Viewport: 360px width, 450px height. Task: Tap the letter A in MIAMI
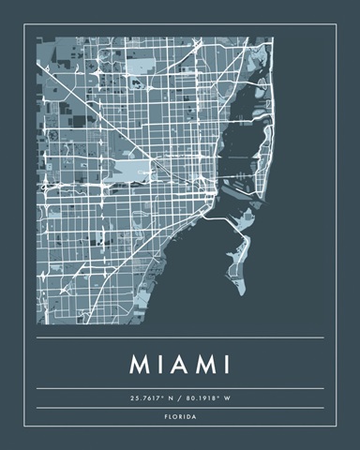coord(180,363)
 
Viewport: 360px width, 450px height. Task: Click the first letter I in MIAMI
coord(159,363)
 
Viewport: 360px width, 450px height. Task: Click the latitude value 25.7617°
coord(149,397)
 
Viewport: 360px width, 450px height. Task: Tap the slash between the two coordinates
coord(180,397)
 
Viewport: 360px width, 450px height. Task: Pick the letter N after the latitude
coord(172,397)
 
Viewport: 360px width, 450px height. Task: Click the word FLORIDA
coord(180,416)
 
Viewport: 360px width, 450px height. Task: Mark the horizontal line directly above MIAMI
coord(180,337)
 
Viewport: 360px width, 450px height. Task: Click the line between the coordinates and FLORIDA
coord(180,408)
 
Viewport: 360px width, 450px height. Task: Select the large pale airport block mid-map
coord(131,171)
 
